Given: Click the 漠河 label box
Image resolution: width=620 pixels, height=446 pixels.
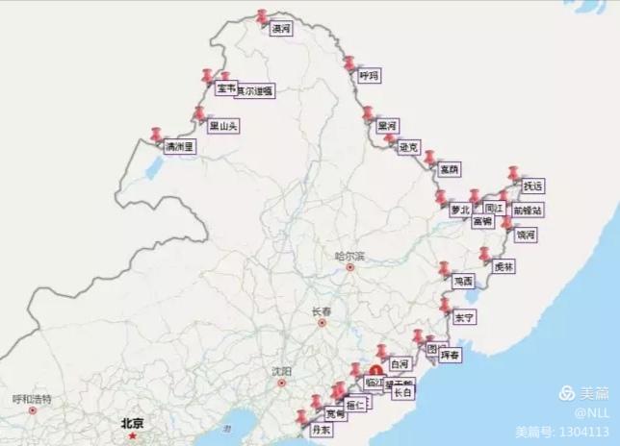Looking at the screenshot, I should [281, 30].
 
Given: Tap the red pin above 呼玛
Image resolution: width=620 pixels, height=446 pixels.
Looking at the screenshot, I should [349, 62].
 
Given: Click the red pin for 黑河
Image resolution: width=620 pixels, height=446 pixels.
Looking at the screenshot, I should [368, 113].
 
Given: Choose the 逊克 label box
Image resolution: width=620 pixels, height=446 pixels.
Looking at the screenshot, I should [409, 147].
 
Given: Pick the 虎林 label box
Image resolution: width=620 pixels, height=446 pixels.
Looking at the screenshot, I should [503, 266].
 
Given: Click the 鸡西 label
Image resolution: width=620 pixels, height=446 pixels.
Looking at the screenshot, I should [463, 282].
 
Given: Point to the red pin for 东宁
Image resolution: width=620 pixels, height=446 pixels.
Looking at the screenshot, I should [444, 305].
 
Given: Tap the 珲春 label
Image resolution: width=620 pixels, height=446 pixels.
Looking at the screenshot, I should [450, 355].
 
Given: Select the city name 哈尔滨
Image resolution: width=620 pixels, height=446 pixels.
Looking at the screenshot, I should [350, 257].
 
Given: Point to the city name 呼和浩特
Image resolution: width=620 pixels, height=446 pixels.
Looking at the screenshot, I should [32, 399].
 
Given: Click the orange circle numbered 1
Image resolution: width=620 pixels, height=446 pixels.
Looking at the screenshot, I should [375, 369].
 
